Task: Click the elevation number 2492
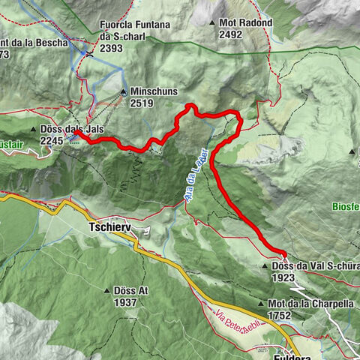(x=232, y=34)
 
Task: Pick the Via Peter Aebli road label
(x=239, y=315)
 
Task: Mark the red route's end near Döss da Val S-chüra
(x=283, y=253)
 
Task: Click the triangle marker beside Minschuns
(x=124, y=91)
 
